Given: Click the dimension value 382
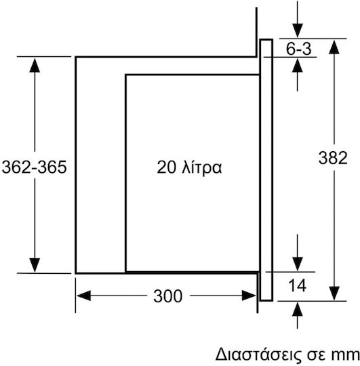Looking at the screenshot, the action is (333, 158).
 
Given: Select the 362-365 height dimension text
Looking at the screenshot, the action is (35, 167).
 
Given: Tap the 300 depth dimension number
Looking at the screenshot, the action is (167, 296).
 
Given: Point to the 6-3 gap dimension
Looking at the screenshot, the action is (298, 49).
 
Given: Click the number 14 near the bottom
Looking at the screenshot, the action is (297, 285).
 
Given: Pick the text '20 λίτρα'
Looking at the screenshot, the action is (189, 167).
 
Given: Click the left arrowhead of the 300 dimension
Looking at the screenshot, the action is (83, 296).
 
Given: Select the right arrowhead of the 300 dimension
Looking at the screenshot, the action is (249, 296).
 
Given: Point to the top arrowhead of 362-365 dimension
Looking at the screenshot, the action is (35, 65).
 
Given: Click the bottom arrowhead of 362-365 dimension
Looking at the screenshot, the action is (35, 265).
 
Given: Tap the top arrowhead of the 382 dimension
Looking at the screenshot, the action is (334, 47).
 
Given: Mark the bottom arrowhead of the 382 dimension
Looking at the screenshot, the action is (334, 293).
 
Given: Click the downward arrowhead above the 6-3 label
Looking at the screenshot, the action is (297, 30).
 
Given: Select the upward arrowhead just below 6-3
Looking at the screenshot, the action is (297, 65).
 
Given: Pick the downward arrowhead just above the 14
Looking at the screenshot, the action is (297, 264).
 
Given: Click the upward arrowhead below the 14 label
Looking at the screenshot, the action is (297, 309).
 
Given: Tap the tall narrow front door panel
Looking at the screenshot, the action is (266, 170).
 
